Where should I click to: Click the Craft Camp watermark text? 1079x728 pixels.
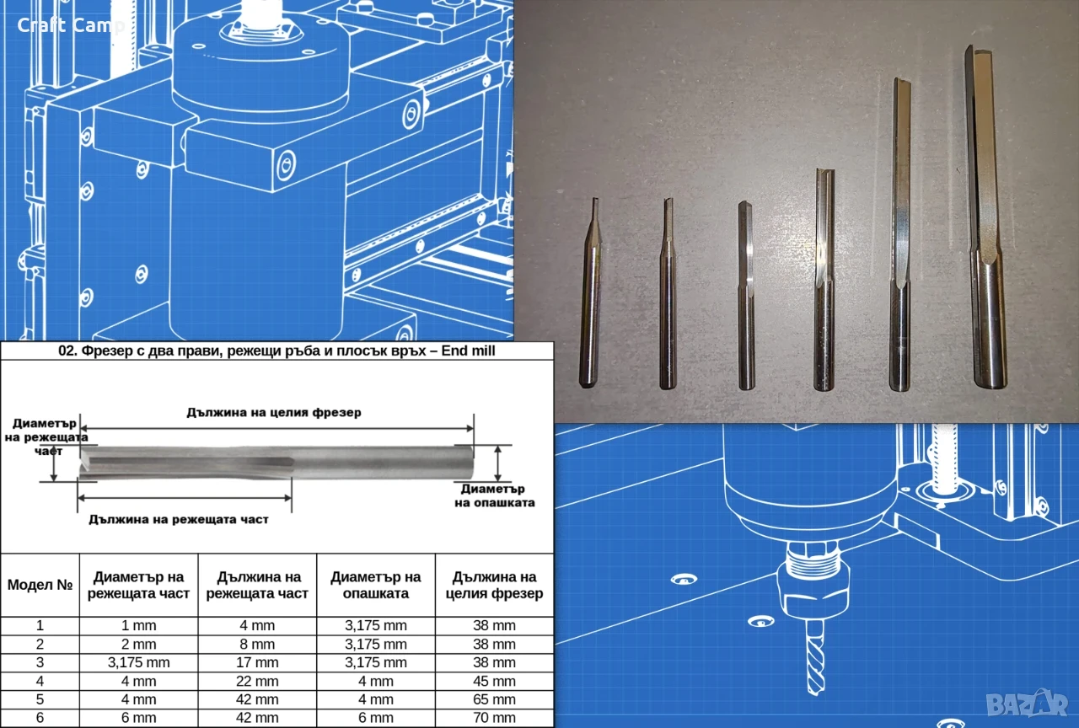tap(71, 25)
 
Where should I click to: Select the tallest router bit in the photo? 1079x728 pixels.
tap(985, 217)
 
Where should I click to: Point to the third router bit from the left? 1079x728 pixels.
tap(746, 296)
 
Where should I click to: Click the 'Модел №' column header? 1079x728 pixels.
tap(40, 585)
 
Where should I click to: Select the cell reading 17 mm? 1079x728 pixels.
tap(257, 662)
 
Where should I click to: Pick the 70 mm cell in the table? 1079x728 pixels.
tap(494, 718)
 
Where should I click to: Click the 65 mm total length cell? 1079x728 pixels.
tap(494, 699)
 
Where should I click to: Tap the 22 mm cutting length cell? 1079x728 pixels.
tap(257, 682)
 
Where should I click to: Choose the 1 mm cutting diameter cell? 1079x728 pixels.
tap(139, 625)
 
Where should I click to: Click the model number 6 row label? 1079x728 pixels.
tap(40, 718)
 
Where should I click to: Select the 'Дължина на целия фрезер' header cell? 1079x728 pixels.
tap(494, 585)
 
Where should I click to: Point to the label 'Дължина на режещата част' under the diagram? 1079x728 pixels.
tap(179, 520)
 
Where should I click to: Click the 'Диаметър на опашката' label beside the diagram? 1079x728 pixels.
tap(494, 496)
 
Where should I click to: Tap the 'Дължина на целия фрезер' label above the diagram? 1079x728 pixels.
tap(274, 413)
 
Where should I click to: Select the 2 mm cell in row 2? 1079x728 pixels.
tap(139, 645)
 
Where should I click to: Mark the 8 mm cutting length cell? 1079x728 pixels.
tap(257, 645)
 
